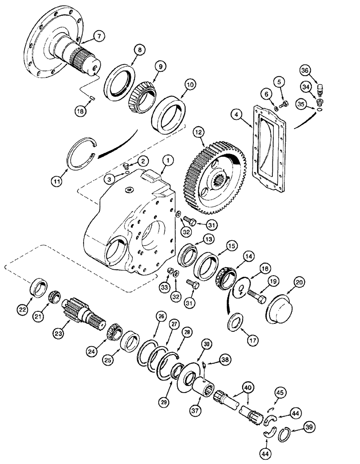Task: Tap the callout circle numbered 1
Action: point(168,161)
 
